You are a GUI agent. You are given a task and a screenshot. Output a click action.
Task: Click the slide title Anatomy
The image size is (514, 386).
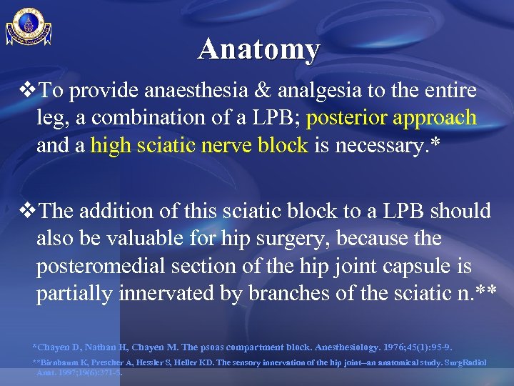click(x=259, y=49)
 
